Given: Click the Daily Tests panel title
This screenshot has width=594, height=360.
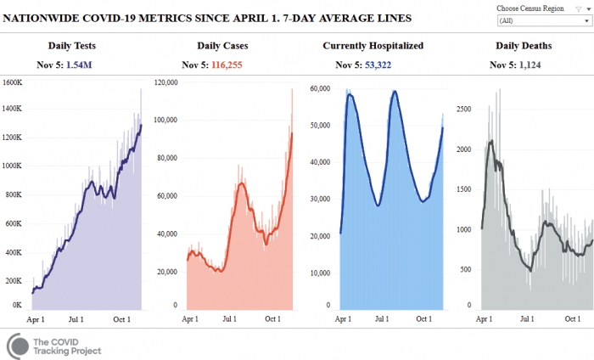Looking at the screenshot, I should click(x=75, y=45).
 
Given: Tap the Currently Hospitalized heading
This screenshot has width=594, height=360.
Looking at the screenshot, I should click(x=373, y=45).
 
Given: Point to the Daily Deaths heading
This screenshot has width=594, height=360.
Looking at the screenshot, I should click(x=523, y=45).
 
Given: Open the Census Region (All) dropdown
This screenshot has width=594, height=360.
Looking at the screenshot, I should click(x=543, y=20).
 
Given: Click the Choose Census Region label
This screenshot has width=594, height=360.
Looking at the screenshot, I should click(x=530, y=8).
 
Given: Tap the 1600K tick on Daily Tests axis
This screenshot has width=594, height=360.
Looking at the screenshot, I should click(x=12, y=83).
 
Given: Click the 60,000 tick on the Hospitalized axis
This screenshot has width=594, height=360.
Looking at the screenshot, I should click(x=320, y=88).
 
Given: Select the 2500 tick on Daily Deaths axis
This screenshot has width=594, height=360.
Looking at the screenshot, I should click(x=464, y=109).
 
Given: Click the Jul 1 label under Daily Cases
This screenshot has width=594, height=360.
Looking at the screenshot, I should click(x=229, y=319).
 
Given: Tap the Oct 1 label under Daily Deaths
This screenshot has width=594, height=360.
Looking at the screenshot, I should click(x=572, y=319).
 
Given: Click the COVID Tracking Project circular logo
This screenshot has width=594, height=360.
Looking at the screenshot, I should click(x=20, y=345).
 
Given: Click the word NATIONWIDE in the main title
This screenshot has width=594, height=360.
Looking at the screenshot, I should click(x=45, y=18).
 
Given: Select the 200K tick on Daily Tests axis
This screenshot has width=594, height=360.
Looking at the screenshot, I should click(x=14, y=280).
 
